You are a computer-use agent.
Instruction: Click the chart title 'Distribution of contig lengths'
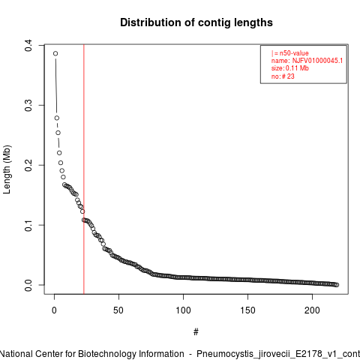tap(196, 22)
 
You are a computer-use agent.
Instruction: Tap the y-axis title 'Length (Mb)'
tap(7, 169)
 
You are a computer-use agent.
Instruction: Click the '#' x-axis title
tap(196, 332)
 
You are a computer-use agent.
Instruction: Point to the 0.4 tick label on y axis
tap(28, 45)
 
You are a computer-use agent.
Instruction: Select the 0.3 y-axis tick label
tap(28, 105)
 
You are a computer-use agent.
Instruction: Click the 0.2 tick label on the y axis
tap(28, 165)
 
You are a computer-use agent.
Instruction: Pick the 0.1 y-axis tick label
tap(28, 225)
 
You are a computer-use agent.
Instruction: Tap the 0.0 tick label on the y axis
tap(28, 285)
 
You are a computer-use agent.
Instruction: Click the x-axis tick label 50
tap(118, 310)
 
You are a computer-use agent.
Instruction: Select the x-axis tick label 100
tap(183, 310)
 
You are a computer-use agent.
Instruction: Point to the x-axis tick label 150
tap(247, 310)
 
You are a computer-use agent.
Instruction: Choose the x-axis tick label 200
tap(312, 310)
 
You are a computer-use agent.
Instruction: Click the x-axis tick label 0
tap(54, 310)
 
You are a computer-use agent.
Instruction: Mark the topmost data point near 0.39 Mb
tap(55, 53)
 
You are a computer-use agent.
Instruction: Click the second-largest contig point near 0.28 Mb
tap(57, 118)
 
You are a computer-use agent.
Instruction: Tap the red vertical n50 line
tap(84, 169)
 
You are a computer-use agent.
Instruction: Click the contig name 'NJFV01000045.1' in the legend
tap(317, 61)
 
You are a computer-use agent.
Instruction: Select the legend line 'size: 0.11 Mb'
tap(290, 68)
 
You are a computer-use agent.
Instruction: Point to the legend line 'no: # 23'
tap(283, 76)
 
